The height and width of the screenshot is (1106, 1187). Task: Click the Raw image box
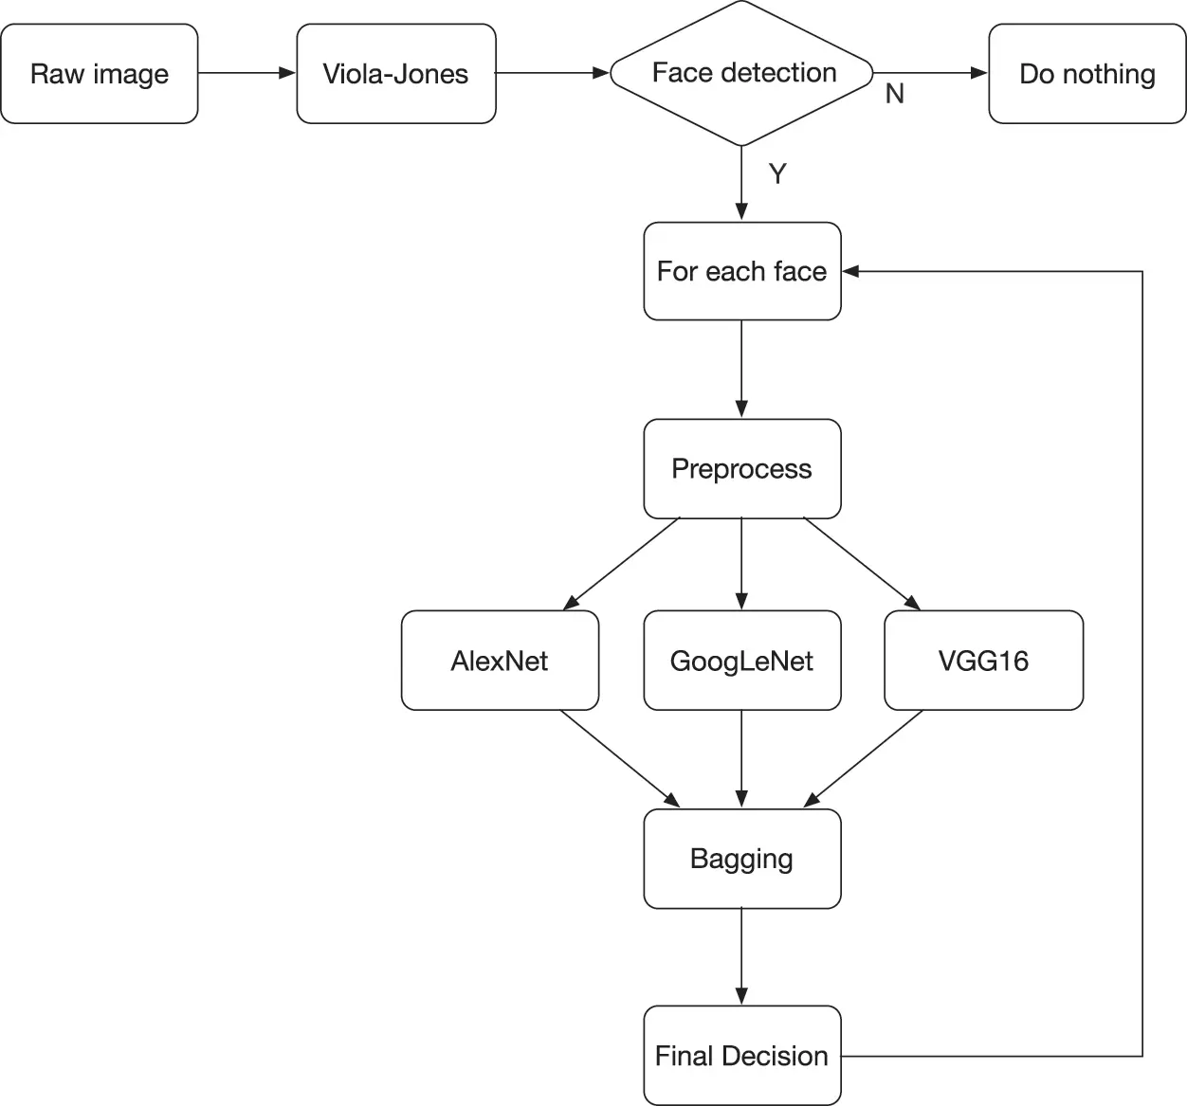tap(100, 74)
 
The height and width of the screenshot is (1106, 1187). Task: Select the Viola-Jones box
tap(396, 74)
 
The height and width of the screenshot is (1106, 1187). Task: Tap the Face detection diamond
tap(741, 73)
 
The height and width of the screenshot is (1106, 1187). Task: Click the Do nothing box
tap(1087, 74)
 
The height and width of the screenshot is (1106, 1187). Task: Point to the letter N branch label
tap(894, 94)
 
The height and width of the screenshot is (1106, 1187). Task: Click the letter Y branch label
tap(777, 173)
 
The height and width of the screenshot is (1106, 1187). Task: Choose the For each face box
tap(742, 271)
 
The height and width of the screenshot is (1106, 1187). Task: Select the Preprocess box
tap(742, 468)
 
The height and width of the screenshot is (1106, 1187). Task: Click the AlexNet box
tap(501, 661)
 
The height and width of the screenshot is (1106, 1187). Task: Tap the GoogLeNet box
tap(742, 661)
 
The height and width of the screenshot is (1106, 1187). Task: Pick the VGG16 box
tap(984, 661)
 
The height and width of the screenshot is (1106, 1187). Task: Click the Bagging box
tap(742, 859)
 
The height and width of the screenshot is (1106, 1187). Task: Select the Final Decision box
tap(742, 1056)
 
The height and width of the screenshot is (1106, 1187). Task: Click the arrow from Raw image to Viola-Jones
tap(247, 73)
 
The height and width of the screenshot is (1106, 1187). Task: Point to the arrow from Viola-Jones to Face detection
tap(553, 73)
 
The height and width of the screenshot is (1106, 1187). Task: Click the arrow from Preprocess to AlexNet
tap(622, 564)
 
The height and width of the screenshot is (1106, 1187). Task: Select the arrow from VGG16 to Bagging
tap(863, 759)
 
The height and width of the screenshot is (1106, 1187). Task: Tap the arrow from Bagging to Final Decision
tap(741, 957)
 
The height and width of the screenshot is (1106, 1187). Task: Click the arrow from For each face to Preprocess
tap(741, 370)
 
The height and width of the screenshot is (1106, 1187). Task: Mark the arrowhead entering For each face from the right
tap(849, 271)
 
